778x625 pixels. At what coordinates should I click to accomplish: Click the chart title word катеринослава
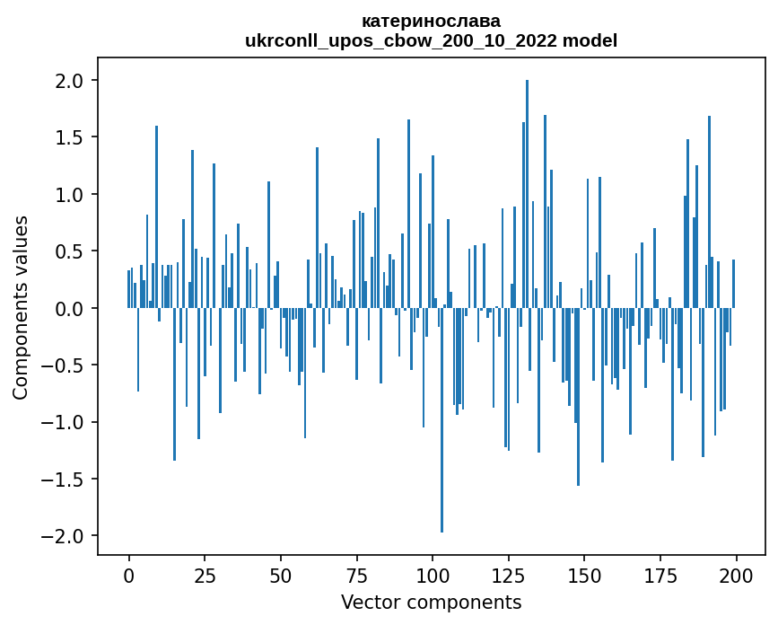431,21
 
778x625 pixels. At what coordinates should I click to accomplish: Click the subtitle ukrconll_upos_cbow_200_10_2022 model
431,40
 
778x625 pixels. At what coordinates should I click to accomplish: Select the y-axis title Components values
20,308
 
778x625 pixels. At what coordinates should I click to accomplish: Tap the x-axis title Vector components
431,602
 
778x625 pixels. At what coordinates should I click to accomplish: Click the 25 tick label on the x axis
205,575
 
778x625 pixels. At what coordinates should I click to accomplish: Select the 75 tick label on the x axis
356,575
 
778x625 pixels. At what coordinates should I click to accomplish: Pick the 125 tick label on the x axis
508,575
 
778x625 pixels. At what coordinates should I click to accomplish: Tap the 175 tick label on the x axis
660,575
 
